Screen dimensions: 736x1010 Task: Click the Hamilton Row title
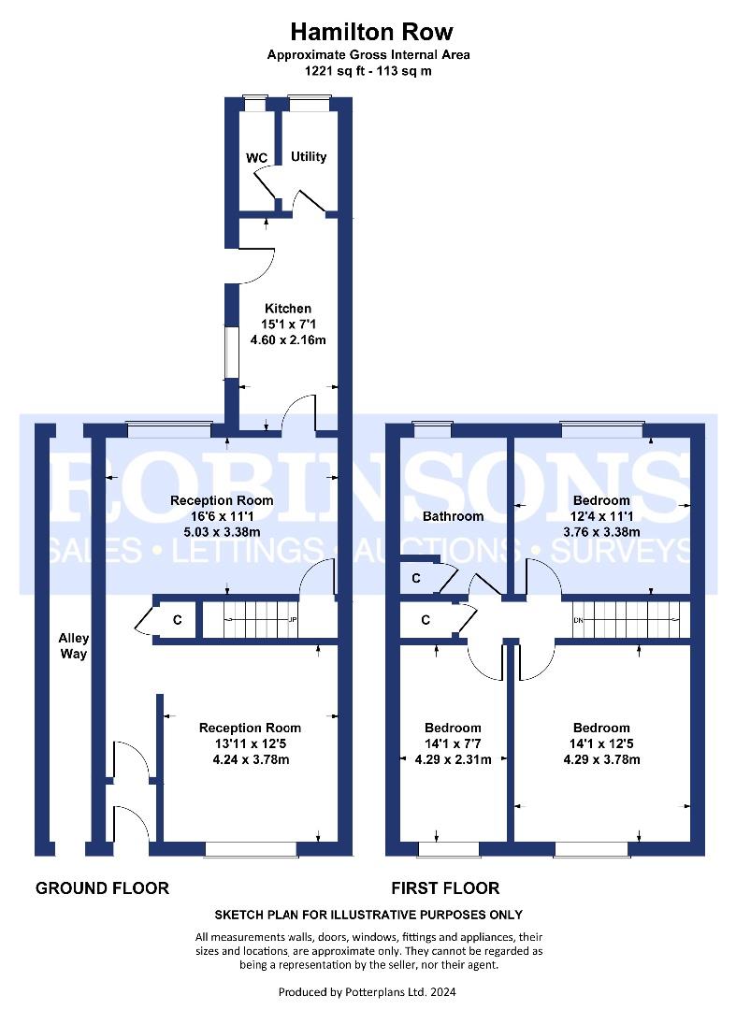(x=371, y=31)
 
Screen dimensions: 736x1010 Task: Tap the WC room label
(x=256, y=158)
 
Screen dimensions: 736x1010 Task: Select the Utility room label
(x=309, y=156)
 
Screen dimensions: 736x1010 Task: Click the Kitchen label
(x=288, y=309)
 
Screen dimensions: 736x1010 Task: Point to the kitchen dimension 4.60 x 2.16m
(x=288, y=340)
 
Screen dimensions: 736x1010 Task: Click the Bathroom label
(x=453, y=516)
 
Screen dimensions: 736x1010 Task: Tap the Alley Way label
(x=73, y=646)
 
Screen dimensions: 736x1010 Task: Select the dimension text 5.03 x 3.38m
(x=223, y=532)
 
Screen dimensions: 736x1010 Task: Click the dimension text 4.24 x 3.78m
(x=251, y=759)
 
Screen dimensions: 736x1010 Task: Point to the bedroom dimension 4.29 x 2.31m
(x=454, y=759)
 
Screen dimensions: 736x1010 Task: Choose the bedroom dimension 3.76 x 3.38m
(x=601, y=532)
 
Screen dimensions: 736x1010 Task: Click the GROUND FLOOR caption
(x=102, y=889)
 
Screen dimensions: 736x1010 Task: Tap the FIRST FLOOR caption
(x=445, y=889)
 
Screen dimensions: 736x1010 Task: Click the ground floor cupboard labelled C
(x=169, y=620)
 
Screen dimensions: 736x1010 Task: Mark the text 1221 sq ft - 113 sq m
(x=368, y=71)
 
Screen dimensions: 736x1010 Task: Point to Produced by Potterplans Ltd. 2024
(x=367, y=992)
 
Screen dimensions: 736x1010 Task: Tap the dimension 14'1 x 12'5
(x=601, y=743)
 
